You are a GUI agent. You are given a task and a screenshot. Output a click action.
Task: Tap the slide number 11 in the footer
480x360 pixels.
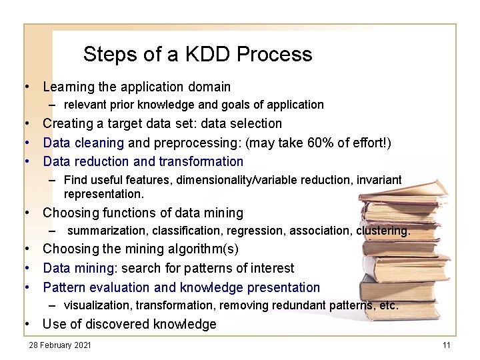coord(447,345)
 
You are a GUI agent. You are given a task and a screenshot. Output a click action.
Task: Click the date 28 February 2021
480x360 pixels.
coord(59,345)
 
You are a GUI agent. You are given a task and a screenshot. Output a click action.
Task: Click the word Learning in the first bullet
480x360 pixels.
coord(69,87)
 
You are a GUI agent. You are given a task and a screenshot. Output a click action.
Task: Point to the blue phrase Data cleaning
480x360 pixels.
coord(83,143)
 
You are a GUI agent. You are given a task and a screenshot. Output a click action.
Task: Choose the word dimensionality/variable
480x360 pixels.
coord(221,180)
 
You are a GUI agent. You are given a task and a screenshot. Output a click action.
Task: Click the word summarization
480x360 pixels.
coord(108,231)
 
